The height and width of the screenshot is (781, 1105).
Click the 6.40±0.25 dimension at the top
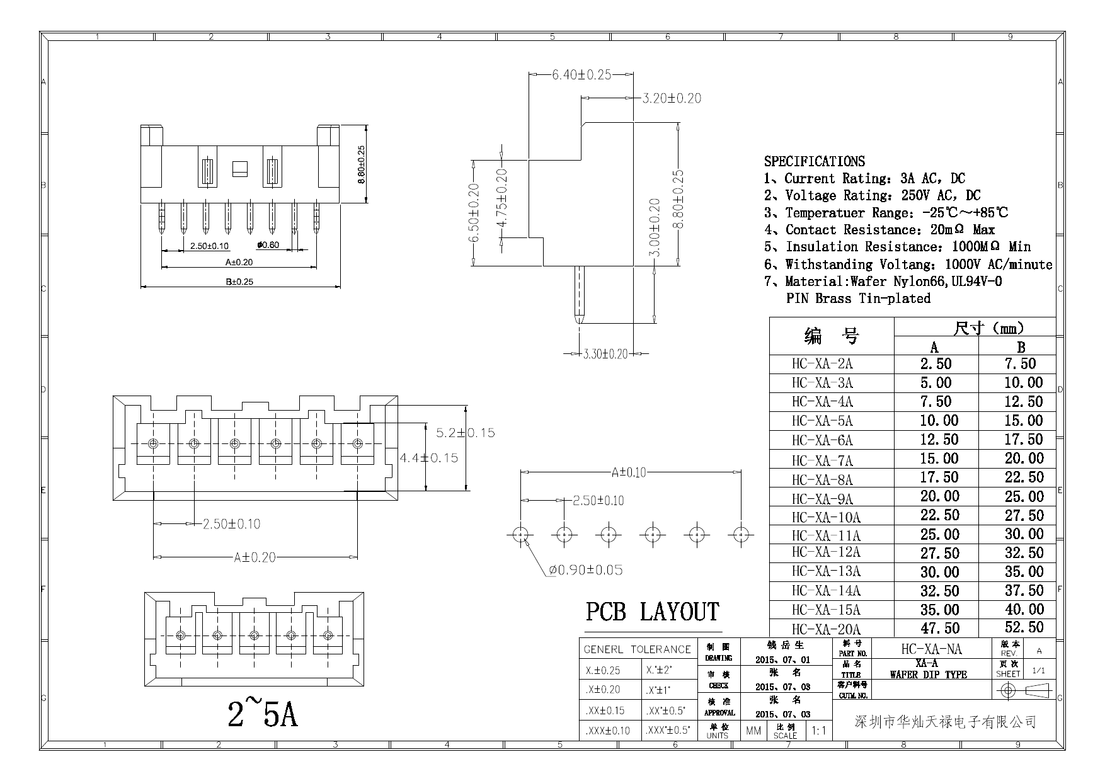[x=581, y=74]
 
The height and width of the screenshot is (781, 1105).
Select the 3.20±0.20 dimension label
[x=672, y=98]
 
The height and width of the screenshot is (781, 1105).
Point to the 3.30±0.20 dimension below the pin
[x=606, y=354]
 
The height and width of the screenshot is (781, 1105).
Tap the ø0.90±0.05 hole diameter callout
[x=586, y=570]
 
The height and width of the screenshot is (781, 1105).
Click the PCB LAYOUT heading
[x=652, y=612]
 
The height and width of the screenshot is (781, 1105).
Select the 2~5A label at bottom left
[x=263, y=714]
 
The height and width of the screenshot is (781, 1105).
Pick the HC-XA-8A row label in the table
[x=822, y=480]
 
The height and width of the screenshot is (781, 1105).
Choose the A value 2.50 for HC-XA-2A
[x=936, y=364]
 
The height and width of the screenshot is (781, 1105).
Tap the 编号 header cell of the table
[x=832, y=336]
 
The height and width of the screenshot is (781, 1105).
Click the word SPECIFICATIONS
[x=815, y=161]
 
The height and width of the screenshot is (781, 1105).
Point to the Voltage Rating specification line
[x=873, y=196]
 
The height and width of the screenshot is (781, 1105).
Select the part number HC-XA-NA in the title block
[x=931, y=649]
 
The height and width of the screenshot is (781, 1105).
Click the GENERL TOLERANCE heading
[x=637, y=649]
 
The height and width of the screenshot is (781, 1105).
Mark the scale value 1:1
[x=819, y=731]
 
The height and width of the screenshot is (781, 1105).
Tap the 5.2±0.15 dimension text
[x=466, y=433]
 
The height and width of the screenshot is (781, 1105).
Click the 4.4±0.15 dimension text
[x=429, y=458]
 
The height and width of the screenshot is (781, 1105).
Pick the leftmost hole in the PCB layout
[x=520, y=535]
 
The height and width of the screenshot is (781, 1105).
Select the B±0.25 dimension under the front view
[x=239, y=282]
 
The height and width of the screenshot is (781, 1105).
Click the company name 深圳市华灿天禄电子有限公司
[x=945, y=722]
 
